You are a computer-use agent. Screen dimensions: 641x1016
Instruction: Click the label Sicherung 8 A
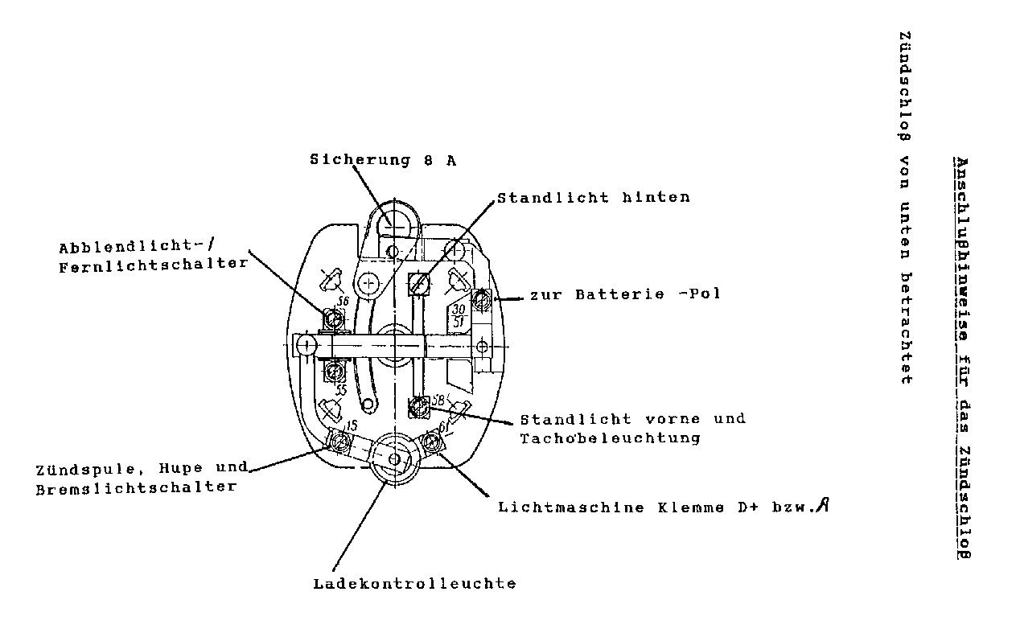383,159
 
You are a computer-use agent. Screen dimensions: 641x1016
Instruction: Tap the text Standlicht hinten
593,197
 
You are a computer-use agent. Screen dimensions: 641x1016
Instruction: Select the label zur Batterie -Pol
624,294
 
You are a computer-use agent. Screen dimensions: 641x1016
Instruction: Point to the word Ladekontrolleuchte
414,584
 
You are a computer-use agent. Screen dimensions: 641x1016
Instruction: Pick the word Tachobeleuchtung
610,438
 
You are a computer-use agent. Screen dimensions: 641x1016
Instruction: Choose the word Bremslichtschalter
137,487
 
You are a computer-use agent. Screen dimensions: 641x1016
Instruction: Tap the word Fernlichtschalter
154,265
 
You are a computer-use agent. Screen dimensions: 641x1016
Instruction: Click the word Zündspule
80,468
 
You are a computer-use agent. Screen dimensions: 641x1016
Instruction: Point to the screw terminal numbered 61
433,442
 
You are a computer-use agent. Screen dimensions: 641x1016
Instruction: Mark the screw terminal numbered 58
418,408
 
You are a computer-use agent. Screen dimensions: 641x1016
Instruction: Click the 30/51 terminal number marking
459,315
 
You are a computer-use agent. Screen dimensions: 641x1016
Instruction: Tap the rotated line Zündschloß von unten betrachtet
905,208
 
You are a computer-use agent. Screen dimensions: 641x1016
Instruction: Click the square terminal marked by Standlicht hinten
418,283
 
